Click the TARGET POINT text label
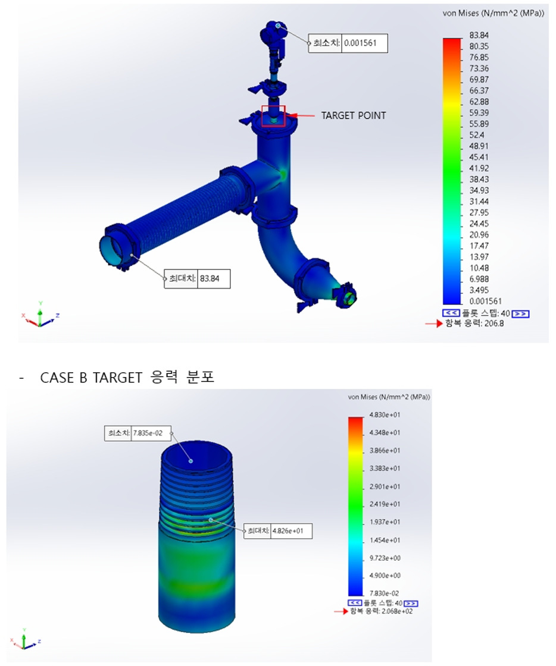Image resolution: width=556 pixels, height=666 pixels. (353, 115)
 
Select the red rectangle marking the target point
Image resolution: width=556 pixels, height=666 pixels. (273, 106)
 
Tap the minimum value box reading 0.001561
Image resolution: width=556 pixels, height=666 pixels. (360, 43)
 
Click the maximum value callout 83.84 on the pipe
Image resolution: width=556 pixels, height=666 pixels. (210, 279)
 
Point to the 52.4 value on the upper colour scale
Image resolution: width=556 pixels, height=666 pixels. (476, 135)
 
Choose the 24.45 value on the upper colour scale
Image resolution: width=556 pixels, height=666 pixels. (479, 224)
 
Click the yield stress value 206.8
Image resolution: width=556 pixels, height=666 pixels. (493, 323)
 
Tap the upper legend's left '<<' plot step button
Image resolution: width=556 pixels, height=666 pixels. (451, 313)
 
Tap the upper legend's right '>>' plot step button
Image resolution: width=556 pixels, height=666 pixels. (520, 314)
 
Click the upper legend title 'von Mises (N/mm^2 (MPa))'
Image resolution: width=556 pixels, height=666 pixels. (493, 13)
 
